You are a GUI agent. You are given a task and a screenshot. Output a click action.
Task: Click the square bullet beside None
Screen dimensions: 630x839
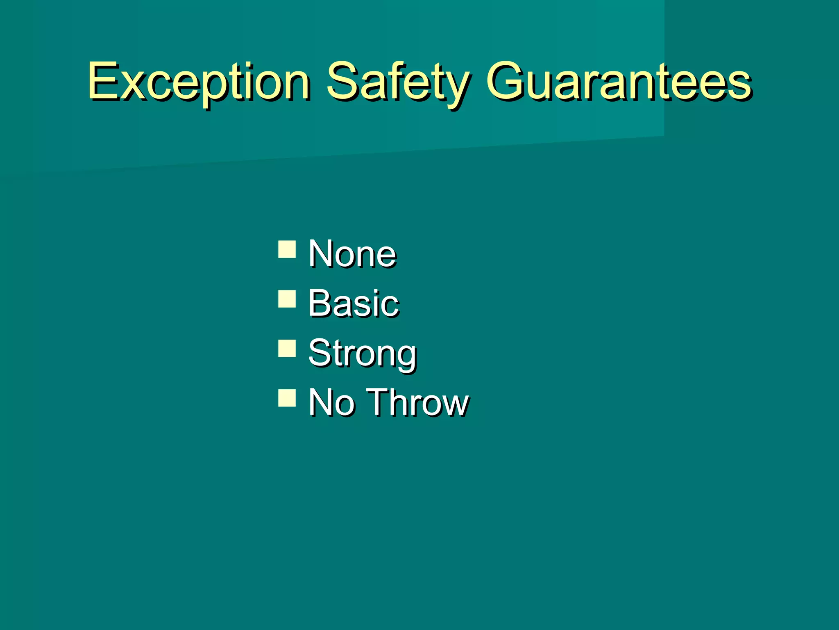click(287, 249)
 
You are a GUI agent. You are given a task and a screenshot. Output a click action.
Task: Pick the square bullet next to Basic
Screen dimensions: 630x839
click(287, 299)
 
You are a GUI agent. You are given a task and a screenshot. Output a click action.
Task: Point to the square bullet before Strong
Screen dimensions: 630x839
click(287, 348)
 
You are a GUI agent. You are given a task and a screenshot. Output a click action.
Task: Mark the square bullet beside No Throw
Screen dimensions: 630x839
click(287, 397)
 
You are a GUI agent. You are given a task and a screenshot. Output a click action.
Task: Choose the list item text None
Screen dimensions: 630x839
click(352, 254)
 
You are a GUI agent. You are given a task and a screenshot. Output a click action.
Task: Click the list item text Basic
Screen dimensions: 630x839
click(353, 303)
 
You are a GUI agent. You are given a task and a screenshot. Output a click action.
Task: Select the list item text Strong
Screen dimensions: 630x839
click(362, 354)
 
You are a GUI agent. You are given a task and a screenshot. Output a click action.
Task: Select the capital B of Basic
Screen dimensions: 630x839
click(320, 303)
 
